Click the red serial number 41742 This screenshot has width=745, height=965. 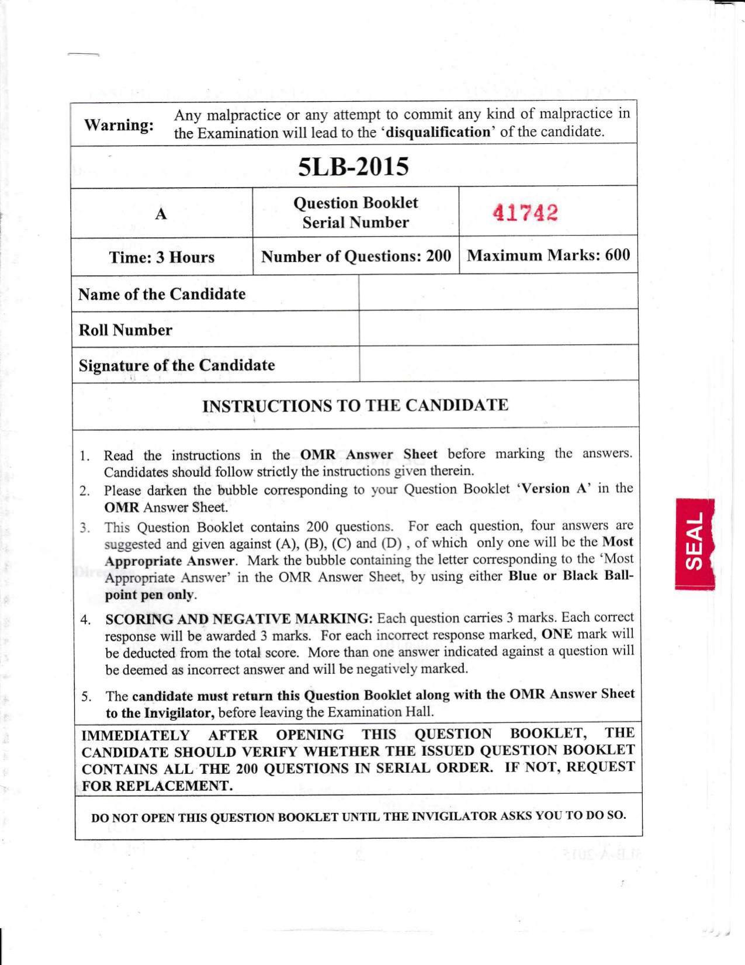(x=525, y=213)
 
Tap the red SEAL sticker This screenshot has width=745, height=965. (x=695, y=543)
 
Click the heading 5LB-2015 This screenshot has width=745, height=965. (x=353, y=167)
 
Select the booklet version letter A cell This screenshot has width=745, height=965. (x=161, y=214)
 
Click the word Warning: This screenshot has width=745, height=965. (x=119, y=125)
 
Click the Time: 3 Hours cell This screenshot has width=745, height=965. (x=161, y=257)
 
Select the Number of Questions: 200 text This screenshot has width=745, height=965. (x=356, y=257)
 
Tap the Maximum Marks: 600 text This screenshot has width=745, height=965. (x=548, y=255)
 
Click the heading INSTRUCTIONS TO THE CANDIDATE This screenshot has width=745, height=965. (x=355, y=406)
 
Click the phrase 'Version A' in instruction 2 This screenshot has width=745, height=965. (x=550, y=489)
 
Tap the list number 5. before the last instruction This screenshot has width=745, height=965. (x=86, y=696)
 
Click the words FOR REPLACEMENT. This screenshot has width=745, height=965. (x=157, y=786)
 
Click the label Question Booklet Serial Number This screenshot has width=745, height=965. (x=355, y=213)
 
